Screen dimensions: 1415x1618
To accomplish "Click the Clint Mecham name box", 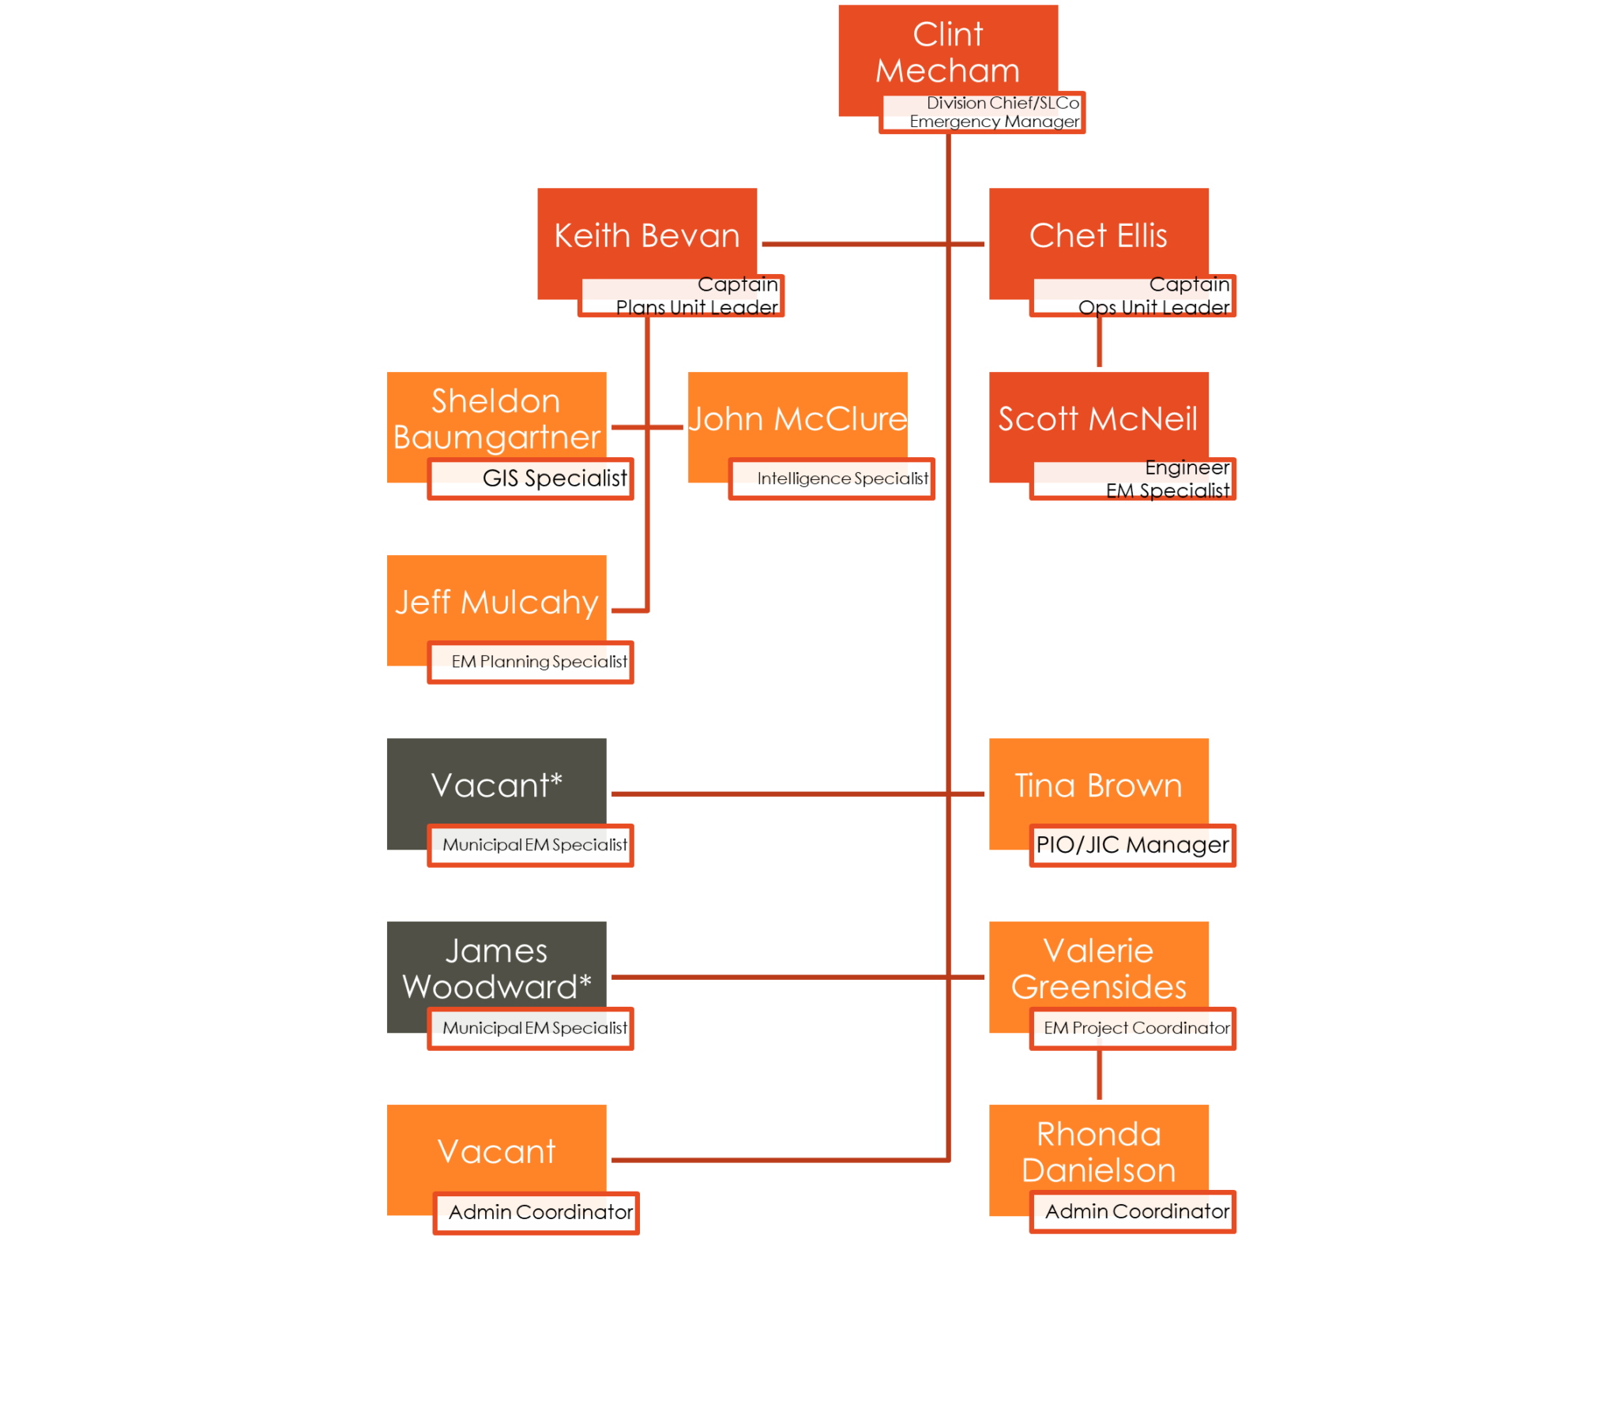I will click(x=947, y=52).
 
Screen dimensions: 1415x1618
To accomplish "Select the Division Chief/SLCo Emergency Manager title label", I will click(x=982, y=113).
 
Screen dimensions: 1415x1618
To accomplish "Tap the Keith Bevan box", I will click(x=646, y=235).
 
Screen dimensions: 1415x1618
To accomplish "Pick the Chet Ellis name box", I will click(x=1098, y=235).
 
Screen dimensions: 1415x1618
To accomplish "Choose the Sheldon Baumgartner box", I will click(x=496, y=418).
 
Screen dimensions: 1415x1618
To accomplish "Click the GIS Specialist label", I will click(x=531, y=479).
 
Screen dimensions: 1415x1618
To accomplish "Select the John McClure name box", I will click(x=797, y=418).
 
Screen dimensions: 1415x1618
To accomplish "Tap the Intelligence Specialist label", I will click(x=832, y=479).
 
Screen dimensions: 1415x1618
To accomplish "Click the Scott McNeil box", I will click(x=1098, y=418).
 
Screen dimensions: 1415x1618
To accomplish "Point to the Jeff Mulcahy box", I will click(x=496, y=602).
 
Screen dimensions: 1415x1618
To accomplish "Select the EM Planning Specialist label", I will click(x=531, y=662).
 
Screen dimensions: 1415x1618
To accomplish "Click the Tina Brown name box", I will click(x=1098, y=785).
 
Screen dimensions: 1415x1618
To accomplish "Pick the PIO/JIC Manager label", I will click(x=1133, y=845).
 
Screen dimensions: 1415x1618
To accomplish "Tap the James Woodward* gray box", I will click(x=496, y=968).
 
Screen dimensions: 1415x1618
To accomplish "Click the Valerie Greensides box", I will click(x=1098, y=968).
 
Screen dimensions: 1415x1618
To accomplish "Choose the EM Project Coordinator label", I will click(x=1133, y=1028).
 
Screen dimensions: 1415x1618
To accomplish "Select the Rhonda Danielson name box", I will click(x=1098, y=1151).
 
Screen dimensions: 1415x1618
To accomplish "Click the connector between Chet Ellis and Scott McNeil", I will click(x=1099, y=343).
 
